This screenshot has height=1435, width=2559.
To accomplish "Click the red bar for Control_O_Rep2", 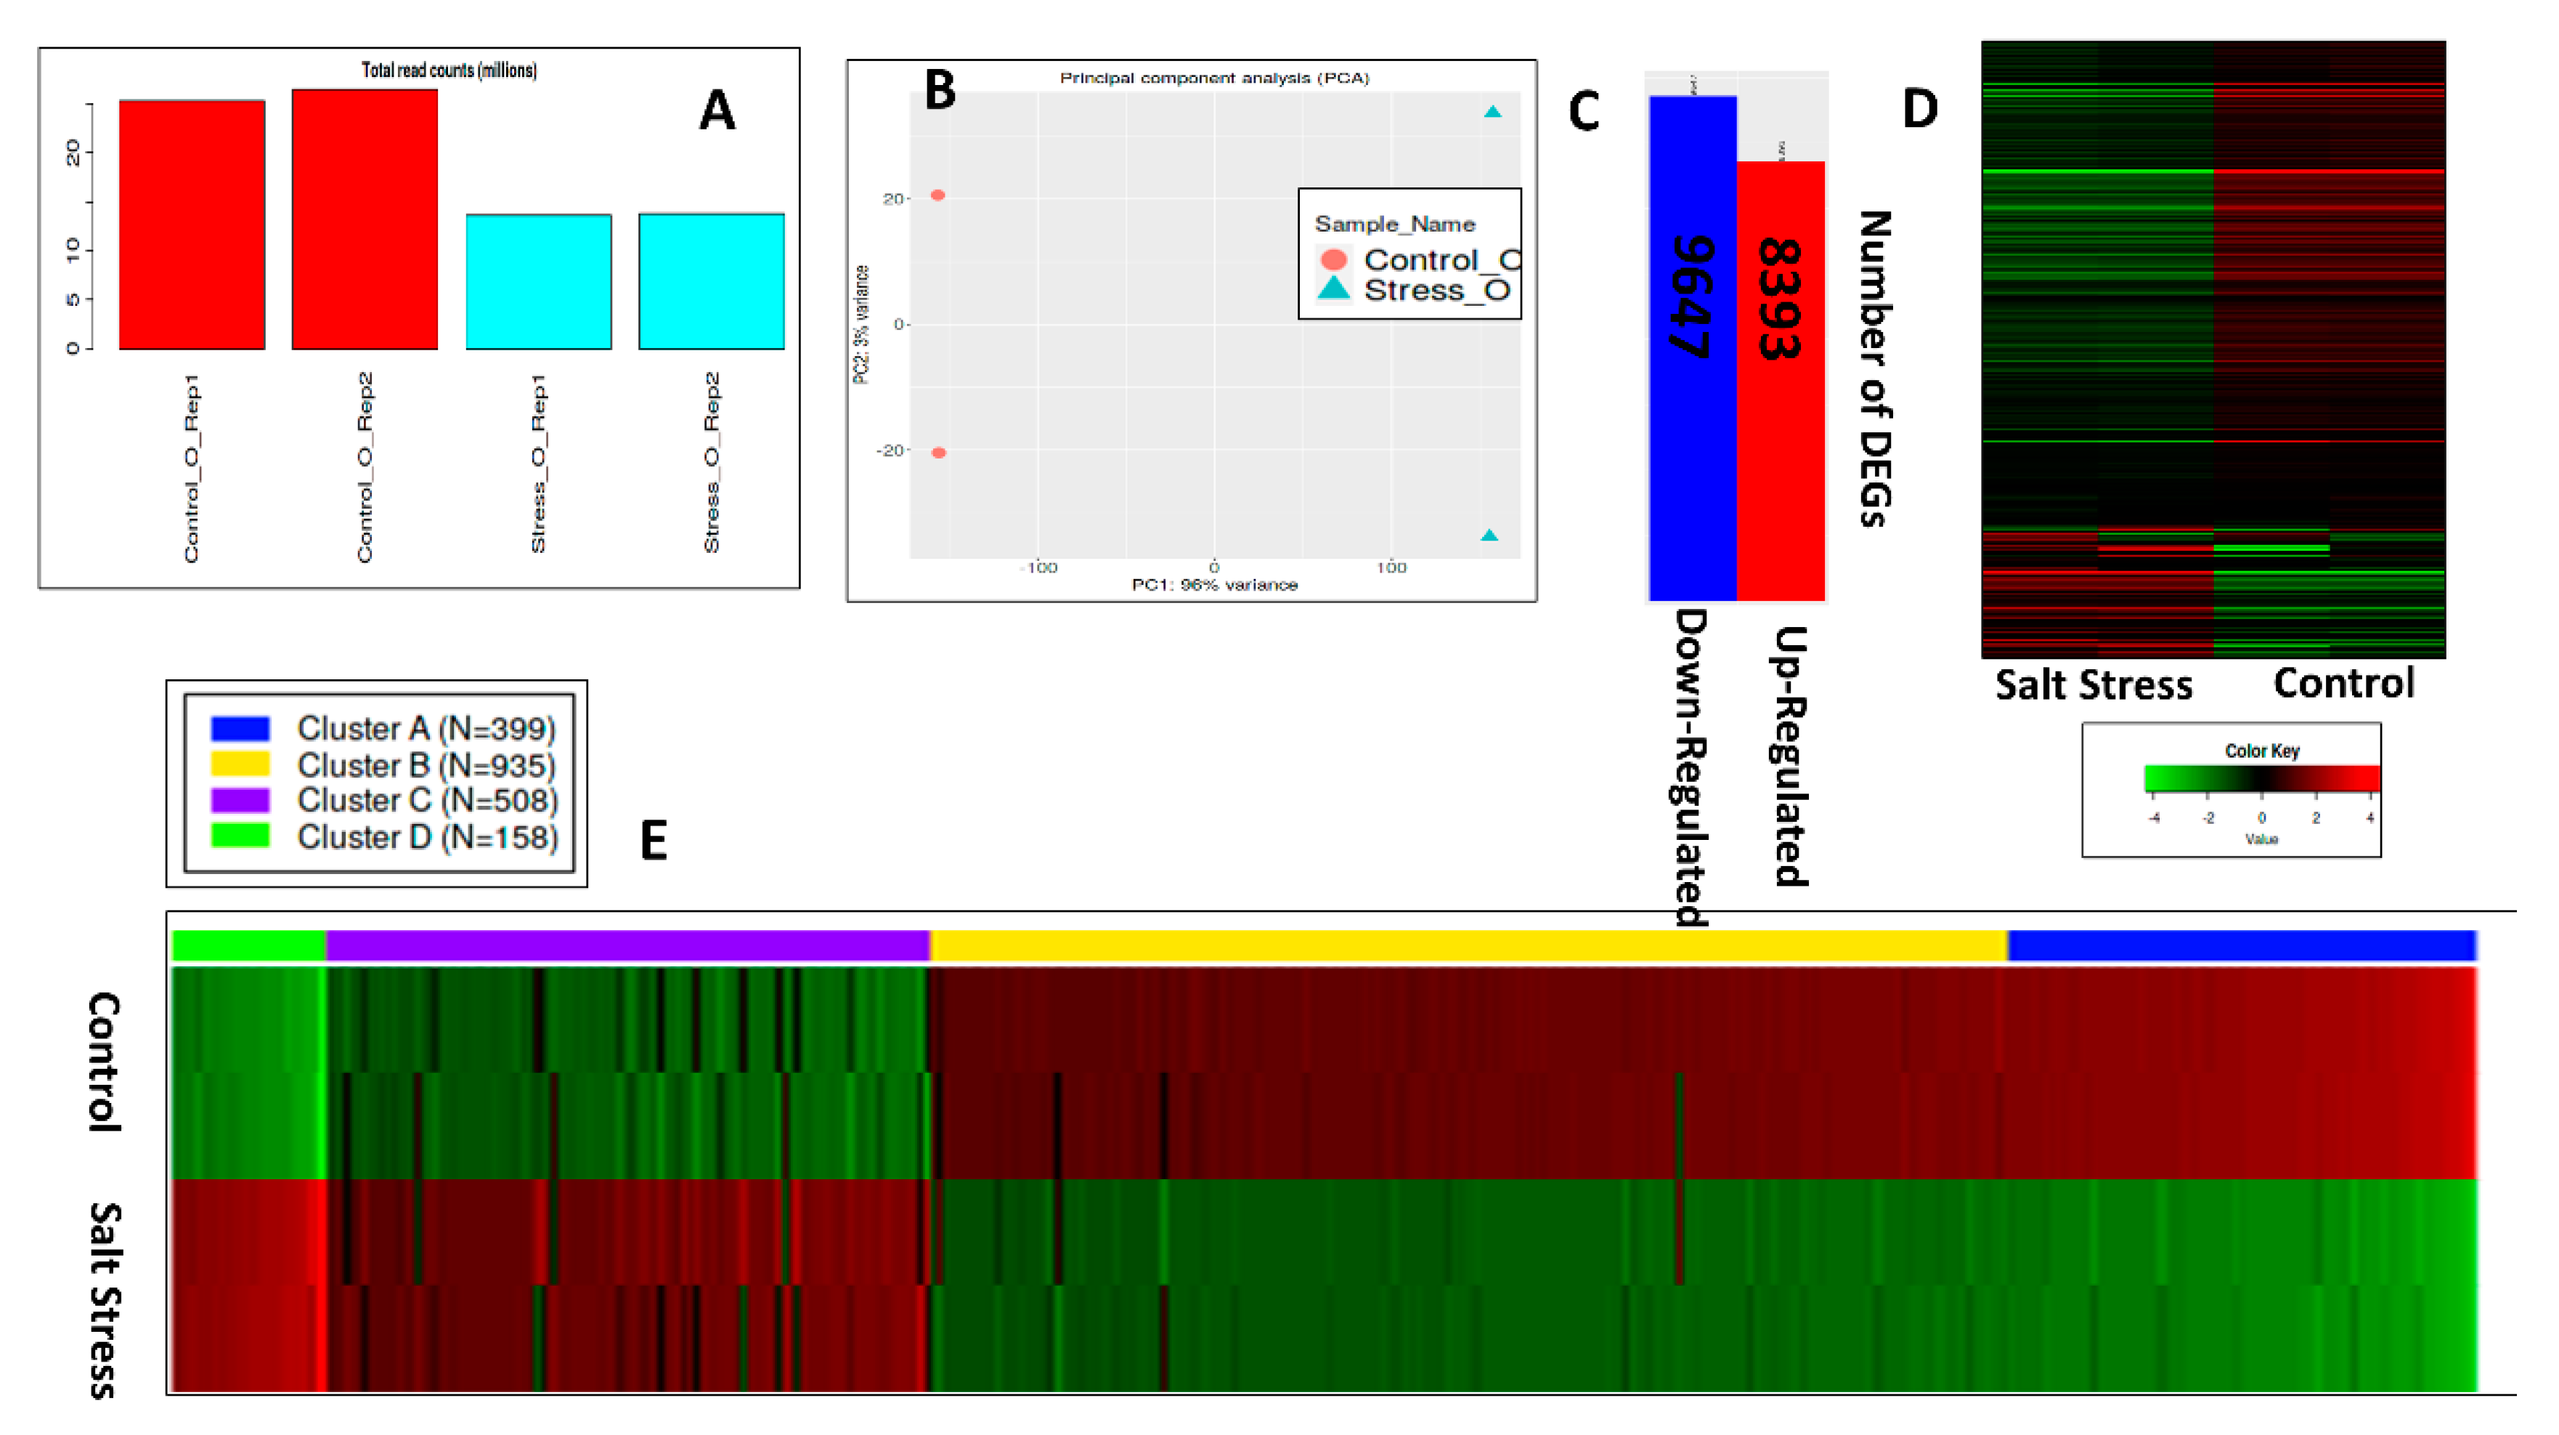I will [365, 219].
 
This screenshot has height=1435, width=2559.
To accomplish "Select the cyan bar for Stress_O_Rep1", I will [538, 281].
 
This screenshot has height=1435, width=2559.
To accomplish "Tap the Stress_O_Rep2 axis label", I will [711, 462].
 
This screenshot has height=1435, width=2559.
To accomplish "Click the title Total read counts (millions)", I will [449, 70].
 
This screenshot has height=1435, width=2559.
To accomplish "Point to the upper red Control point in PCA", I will [937, 195].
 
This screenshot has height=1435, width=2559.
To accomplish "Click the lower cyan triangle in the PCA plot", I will [1489, 535].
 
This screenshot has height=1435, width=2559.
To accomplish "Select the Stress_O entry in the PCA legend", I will [1436, 290].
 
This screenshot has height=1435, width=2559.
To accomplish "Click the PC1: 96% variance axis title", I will [1214, 584].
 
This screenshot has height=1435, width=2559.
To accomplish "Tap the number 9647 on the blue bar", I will [1692, 296].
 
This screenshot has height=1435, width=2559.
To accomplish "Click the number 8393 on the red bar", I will [1779, 298].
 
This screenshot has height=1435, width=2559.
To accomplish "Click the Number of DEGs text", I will [1874, 368].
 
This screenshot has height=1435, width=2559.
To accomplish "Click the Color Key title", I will [2261, 751].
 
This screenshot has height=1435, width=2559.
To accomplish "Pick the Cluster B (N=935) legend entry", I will [426, 764].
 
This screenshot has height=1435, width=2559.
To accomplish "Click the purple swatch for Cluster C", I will [240, 800].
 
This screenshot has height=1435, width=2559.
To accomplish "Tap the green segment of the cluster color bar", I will [248, 945].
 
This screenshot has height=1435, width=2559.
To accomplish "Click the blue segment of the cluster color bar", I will [2240, 945].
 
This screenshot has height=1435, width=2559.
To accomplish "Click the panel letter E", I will [653, 840].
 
